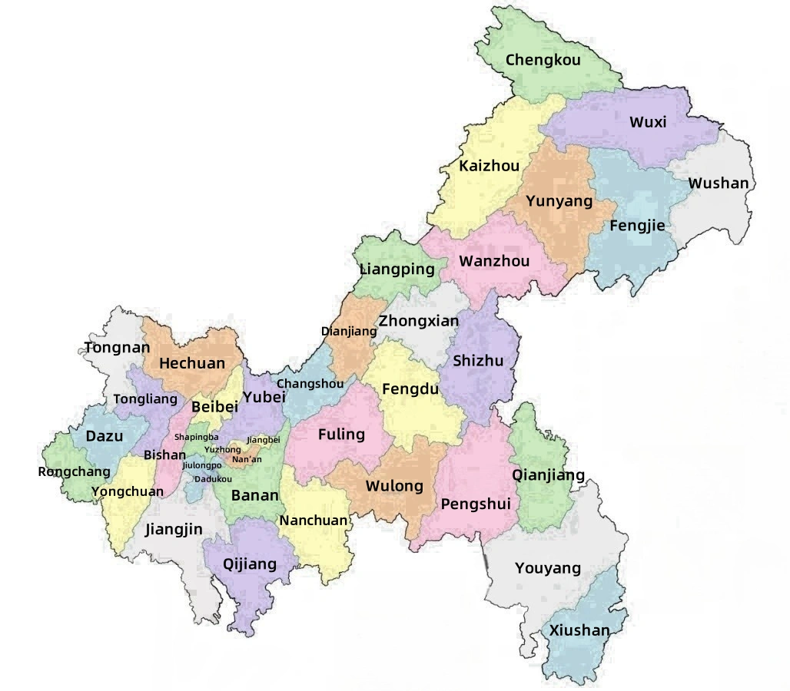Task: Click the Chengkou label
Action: click(x=543, y=60)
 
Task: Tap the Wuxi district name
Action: click(x=648, y=122)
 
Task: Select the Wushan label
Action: click(x=718, y=183)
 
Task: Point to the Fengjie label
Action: click(x=637, y=226)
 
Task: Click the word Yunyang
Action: click(x=559, y=201)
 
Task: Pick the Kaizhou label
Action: click(x=489, y=166)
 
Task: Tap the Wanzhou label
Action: click(x=494, y=261)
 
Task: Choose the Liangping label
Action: click(x=397, y=269)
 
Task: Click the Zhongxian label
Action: click(x=419, y=321)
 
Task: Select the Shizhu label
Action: click(x=478, y=361)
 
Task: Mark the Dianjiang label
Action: click(x=349, y=332)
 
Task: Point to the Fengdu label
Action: click(x=410, y=389)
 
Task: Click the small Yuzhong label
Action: click(x=222, y=449)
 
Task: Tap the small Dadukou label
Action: click(x=213, y=479)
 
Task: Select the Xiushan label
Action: click(x=579, y=630)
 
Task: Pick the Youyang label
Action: click(x=548, y=568)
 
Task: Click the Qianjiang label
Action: click(x=548, y=475)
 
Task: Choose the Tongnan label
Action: click(x=117, y=347)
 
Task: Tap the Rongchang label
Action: click(x=74, y=471)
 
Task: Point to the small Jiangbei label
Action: click(x=264, y=439)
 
